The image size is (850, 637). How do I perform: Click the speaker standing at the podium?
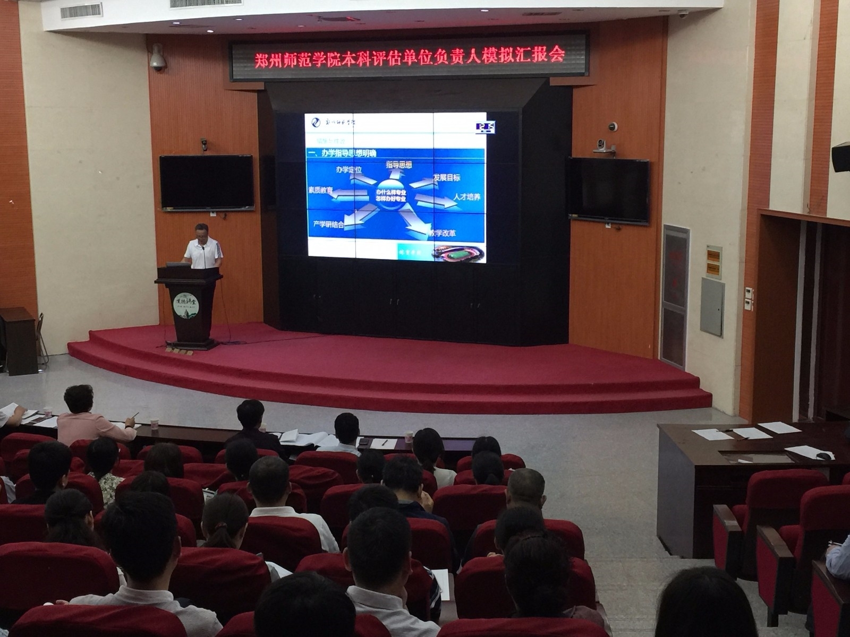pos(202,247)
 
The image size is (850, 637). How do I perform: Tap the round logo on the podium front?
pos(186,305)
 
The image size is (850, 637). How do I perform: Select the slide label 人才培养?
pos(466,197)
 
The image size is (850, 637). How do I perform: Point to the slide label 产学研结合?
pos(328,225)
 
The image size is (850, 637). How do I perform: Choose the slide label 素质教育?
pos(320,190)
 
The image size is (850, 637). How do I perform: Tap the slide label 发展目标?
pos(447,178)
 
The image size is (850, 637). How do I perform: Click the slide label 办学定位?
pos(348,170)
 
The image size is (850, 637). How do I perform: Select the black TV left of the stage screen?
pos(207,182)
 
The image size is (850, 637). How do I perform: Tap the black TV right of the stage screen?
pos(609,190)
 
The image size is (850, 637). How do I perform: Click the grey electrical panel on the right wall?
pos(712,306)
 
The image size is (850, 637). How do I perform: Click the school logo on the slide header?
pos(316,123)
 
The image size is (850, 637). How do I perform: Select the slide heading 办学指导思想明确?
pos(342,153)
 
